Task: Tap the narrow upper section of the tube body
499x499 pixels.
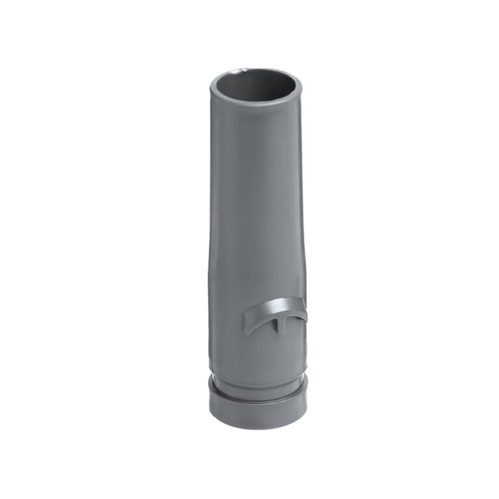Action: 257,169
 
